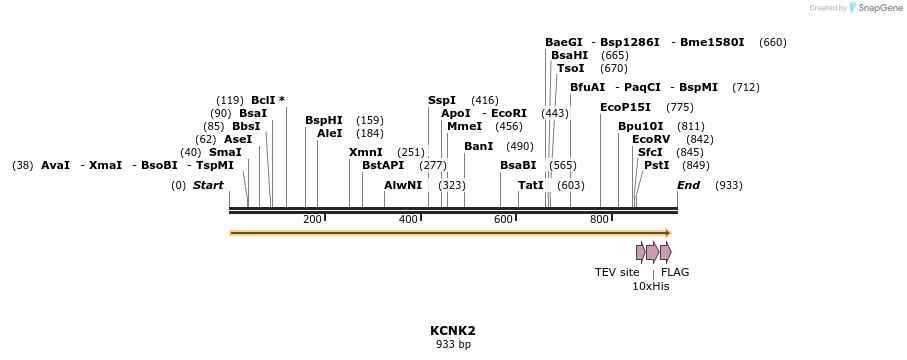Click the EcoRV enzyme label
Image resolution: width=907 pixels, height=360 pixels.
pyautogui.click(x=651, y=139)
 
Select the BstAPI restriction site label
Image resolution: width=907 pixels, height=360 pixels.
pyautogui.click(x=383, y=165)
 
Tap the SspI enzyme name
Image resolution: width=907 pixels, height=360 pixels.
pyautogui.click(x=442, y=100)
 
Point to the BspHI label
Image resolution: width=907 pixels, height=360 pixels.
pyautogui.click(x=324, y=120)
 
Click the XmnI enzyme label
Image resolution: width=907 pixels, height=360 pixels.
pyautogui.click(x=366, y=152)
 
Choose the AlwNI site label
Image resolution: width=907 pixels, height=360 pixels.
pyautogui.click(x=403, y=185)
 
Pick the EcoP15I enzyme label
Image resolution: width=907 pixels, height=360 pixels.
pyautogui.click(x=625, y=107)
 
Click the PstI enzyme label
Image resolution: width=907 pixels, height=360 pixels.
pyautogui.click(x=656, y=165)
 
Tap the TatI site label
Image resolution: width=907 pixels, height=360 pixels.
pyautogui.click(x=531, y=185)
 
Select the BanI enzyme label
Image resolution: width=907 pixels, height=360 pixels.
pyautogui.click(x=479, y=146)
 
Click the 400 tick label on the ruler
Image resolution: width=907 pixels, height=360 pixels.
pyautogui.click(x=409, y=219)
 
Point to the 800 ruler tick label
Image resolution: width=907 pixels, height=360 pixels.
pyautogui.click(x=599, y=219)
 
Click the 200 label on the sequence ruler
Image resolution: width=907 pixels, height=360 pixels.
pyautogui.click(x=312, y=219)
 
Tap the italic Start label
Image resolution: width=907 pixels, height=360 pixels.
pyautogui.click(x=208, y=185)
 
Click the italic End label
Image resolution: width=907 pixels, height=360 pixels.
pyautogui.click(x=689, y=185)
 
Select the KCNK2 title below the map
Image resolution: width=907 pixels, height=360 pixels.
pyautogui.click(x=453, y=331)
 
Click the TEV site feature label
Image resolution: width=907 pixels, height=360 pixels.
pyautogui.click(x=617, y=272)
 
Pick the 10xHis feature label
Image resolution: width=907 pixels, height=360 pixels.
pyautogui.click(x=650, y=286)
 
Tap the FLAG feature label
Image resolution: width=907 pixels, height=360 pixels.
pyautogui.click(x=675, y=272)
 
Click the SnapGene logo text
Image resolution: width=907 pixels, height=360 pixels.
pyautogui.click(x=878, y=8)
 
